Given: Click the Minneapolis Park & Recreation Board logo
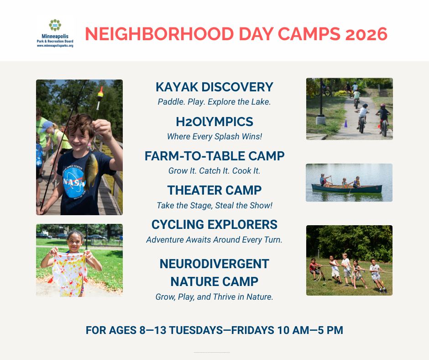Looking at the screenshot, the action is tap(55, 33).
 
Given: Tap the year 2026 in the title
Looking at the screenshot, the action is tap(366, 34).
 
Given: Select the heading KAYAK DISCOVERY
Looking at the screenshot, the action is tap(214, 87).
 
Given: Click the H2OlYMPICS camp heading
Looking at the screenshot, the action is tap(214, 122).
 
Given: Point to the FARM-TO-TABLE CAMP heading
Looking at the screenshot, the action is tap(214, 156).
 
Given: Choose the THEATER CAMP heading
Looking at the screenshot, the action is tap(214, 190).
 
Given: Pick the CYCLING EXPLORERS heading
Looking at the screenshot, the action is tap(214, 224).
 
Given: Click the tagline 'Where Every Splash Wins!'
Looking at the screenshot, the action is tap(214, 137).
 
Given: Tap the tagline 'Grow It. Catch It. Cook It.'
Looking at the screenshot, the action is tap(214, 171).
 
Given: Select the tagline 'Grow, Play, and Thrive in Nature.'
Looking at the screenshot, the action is tap(214, 296).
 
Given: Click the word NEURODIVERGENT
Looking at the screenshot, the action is tap(214, 264).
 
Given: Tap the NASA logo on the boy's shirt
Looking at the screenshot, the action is tap(73, 181).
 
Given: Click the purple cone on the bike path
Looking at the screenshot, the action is tap(345, 124).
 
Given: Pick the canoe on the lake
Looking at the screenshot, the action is tap(347, 189).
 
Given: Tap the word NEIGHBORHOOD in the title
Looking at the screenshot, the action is tap(159, 34).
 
